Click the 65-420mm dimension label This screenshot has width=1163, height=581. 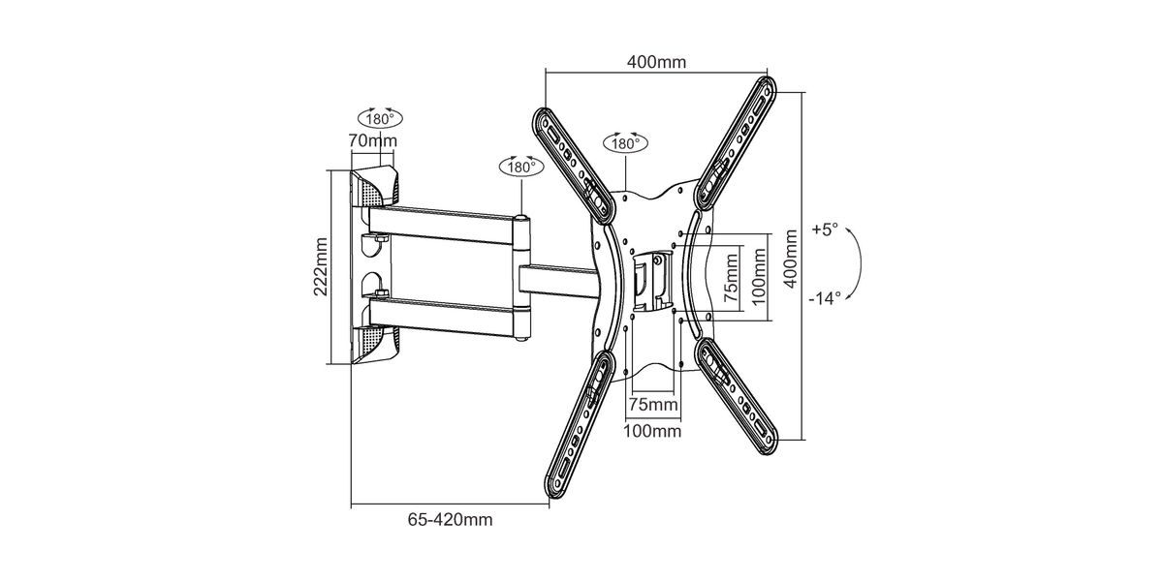(450, 519)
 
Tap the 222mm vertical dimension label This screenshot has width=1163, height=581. (321, 267)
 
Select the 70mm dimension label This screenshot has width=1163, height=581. (372, 140)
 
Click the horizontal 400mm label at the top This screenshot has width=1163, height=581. (657, 62)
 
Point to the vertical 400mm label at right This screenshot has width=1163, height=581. (790, 259)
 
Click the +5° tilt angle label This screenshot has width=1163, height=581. (825, 229)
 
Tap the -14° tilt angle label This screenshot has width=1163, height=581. (825, 298)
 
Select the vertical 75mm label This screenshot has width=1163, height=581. (731, 279)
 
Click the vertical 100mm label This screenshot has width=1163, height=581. (759, 277)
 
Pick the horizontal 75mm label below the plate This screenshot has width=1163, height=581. (653, 404)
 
